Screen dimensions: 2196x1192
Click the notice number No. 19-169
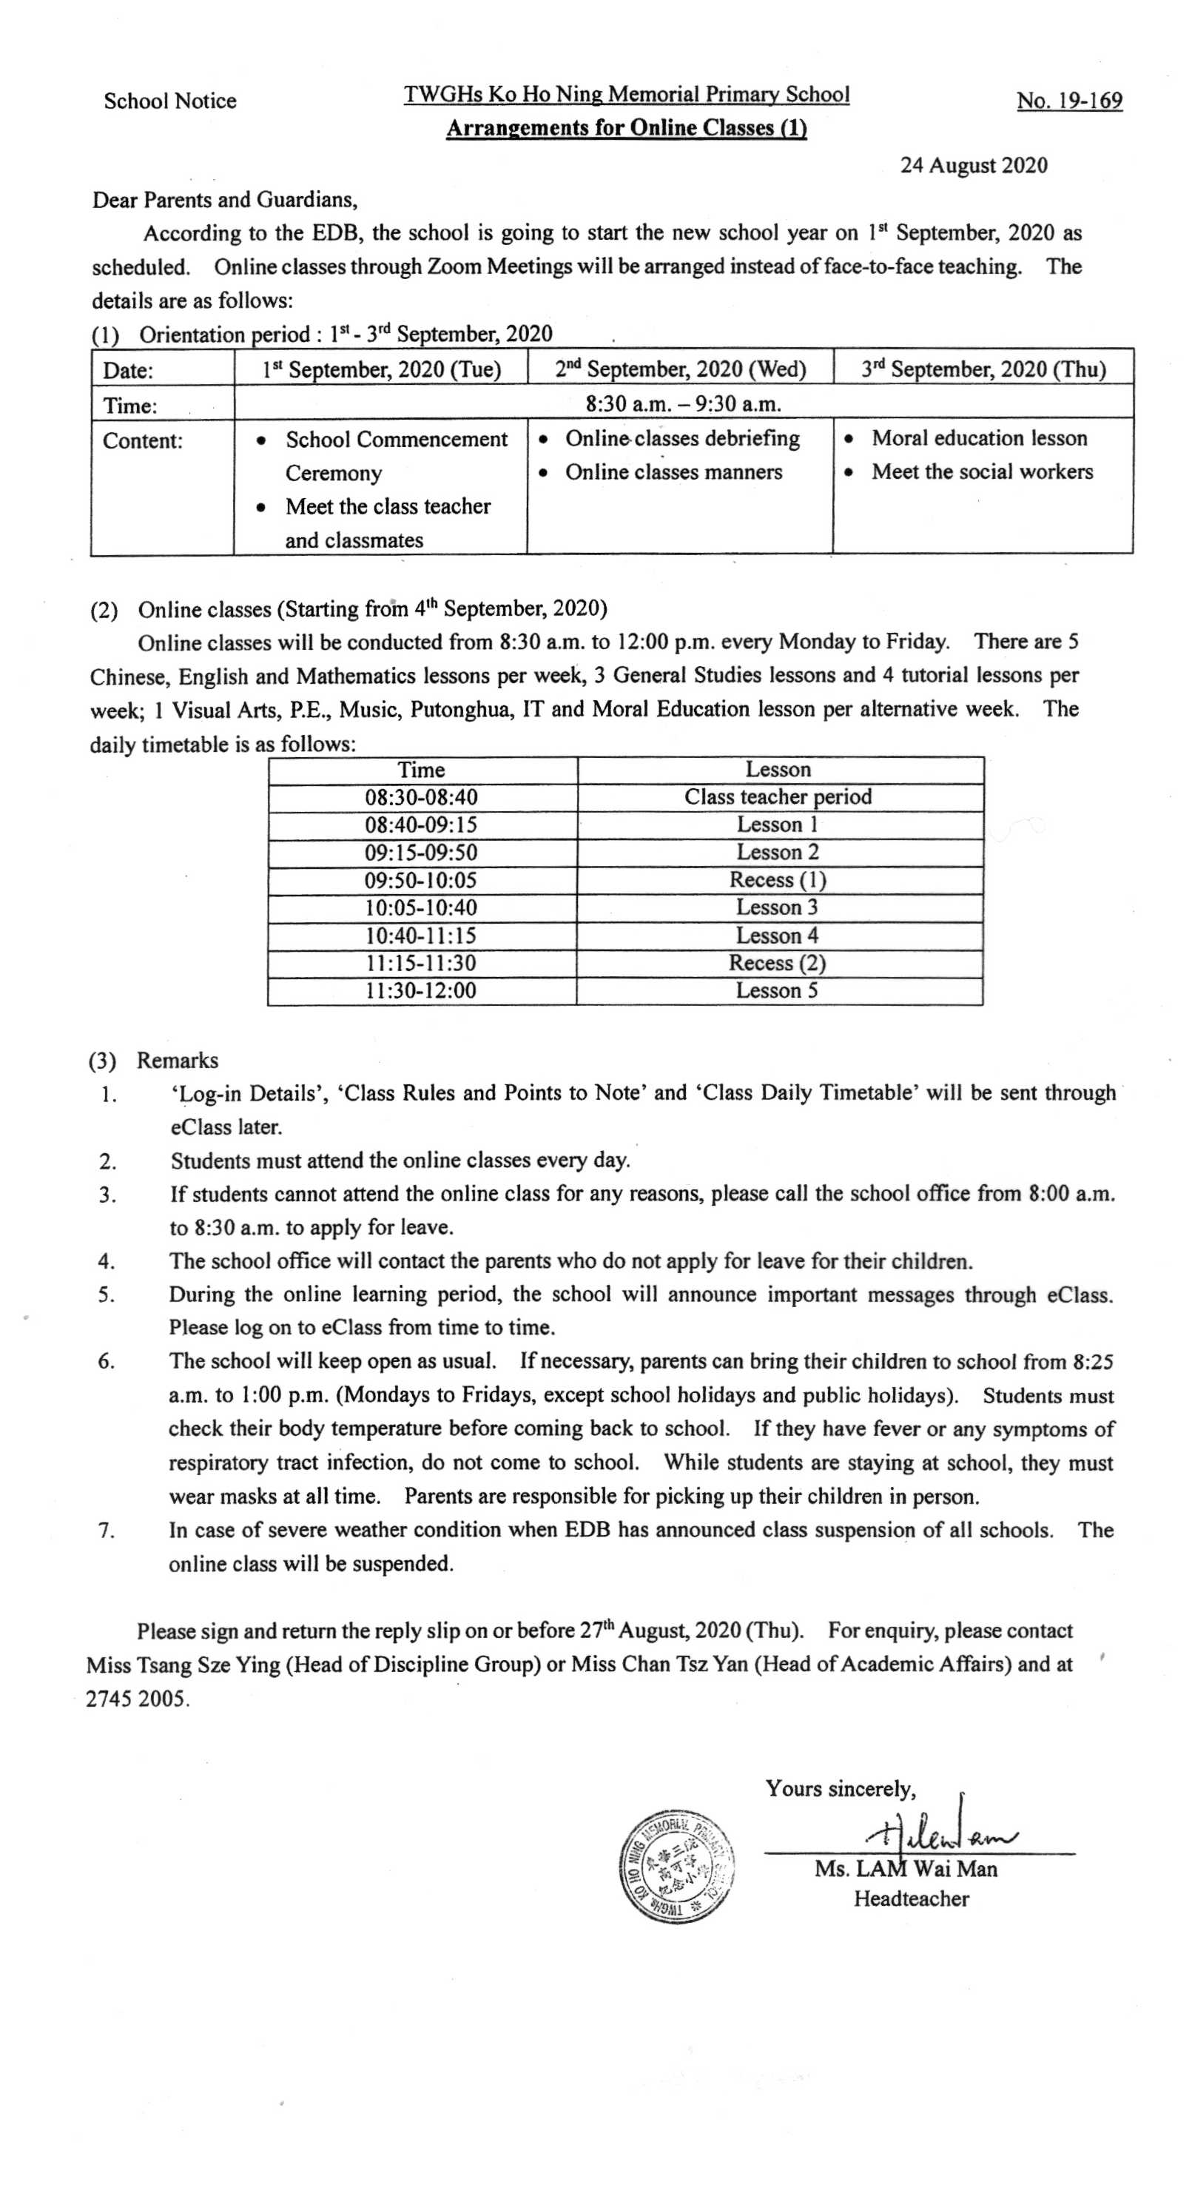[1068, 101]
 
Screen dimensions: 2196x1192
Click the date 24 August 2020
[973, 165]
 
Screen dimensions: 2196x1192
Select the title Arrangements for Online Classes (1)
[626, 129]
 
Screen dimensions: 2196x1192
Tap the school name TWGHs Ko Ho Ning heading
[626, 95]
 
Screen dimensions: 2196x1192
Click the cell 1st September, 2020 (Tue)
[381, 369]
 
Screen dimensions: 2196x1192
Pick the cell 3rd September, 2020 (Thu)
[983, 369]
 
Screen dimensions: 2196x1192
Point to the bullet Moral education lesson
[979, 438]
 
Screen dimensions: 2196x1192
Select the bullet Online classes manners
[673, 472]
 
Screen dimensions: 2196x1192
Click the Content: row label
[142, 440]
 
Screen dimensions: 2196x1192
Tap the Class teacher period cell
[778, 797]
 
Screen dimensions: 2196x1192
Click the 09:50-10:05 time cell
[421, 880]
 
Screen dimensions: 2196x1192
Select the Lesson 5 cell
[777, 990]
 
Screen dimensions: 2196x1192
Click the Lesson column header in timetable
[778, 770]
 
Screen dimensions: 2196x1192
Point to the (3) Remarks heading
[154, 1061]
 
